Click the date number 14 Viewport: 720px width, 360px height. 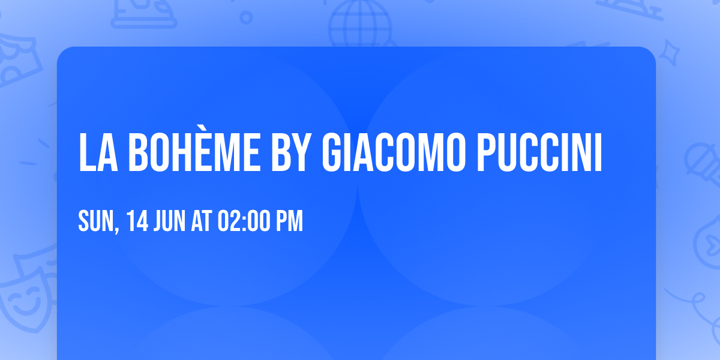137,221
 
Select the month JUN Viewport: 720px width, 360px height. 170,221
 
